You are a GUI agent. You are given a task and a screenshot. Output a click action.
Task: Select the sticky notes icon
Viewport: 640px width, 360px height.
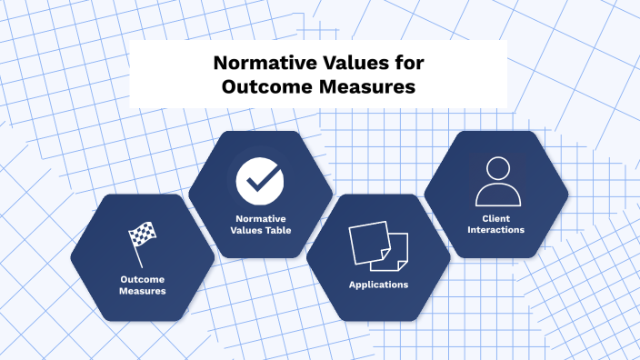(378, 245)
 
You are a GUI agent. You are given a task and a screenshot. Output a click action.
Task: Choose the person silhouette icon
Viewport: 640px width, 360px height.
(496, 181)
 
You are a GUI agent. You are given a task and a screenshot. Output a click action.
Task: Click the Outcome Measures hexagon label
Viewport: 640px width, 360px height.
(143, 285)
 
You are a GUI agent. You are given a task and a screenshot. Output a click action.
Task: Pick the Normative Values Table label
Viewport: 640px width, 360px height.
(260, 224)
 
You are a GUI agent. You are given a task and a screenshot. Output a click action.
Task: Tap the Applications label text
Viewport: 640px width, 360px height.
(378, 285)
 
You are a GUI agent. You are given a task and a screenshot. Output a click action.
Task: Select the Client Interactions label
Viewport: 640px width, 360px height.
(496, 224)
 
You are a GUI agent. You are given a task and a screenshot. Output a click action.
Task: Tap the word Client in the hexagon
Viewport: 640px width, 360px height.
(496, 218)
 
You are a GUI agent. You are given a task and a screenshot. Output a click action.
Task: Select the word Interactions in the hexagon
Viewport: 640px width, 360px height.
(496, 230)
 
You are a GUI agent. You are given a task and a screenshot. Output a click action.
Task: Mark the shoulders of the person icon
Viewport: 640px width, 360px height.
(496, 195)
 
